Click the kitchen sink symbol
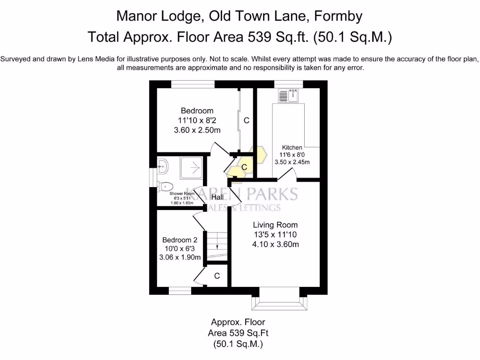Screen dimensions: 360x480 pos(288,96)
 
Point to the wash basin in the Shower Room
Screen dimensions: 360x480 pos(162,165)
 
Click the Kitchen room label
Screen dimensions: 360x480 pos(292,148)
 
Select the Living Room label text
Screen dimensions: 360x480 pos(275,225)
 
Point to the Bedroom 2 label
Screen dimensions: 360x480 pos(180,240)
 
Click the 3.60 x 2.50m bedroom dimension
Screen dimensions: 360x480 pos(197,131)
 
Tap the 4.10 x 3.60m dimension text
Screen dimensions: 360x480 pos(276,244)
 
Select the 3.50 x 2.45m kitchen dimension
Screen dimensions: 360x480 pos(292,162)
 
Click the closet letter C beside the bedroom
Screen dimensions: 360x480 pos(246,120)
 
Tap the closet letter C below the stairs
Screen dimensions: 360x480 pos(217,276)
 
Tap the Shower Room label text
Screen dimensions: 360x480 pos(182,193)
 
